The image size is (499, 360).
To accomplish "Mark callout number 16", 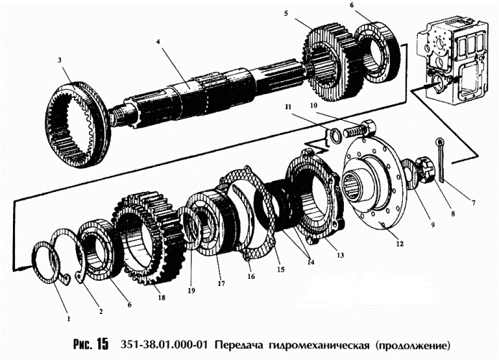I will coord(250,274).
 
